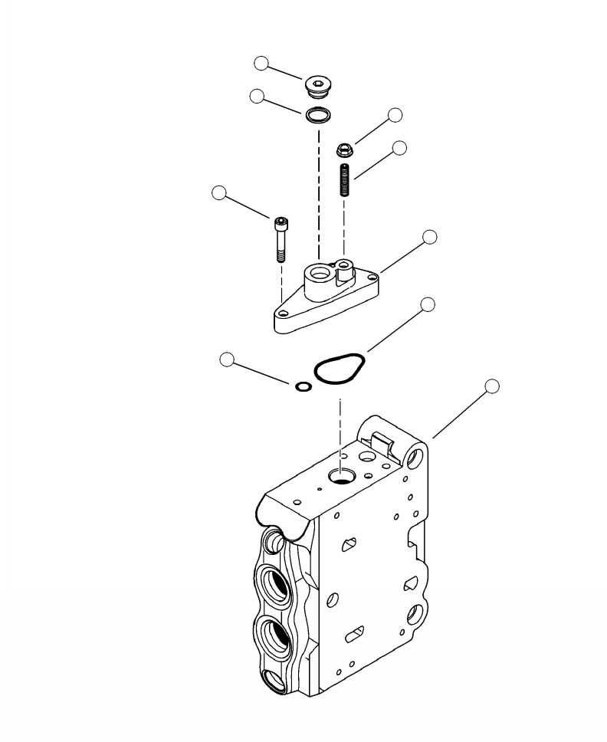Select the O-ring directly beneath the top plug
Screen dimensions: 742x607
click(317, 116)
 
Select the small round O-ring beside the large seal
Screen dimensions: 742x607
click(303, 386)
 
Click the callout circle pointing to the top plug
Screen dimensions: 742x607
click(262, 64)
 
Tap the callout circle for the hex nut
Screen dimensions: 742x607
click(395, 115)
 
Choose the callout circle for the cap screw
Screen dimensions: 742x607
click(219, 193)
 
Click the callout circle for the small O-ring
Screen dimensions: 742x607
click(227, 358)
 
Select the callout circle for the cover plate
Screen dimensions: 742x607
click(430, 237)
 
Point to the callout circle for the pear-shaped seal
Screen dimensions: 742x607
click(428, 304)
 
